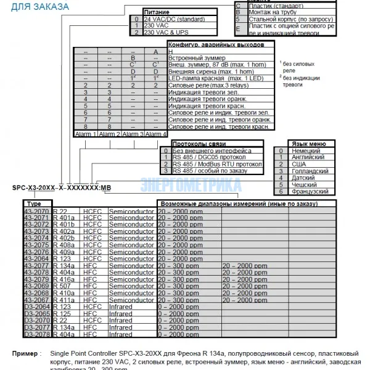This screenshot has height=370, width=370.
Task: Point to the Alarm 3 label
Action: coord(133,133)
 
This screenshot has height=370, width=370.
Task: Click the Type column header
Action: coord(35,203)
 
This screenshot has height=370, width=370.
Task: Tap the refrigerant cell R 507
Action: coord(63,287)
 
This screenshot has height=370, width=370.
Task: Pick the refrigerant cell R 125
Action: coord(63,314)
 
